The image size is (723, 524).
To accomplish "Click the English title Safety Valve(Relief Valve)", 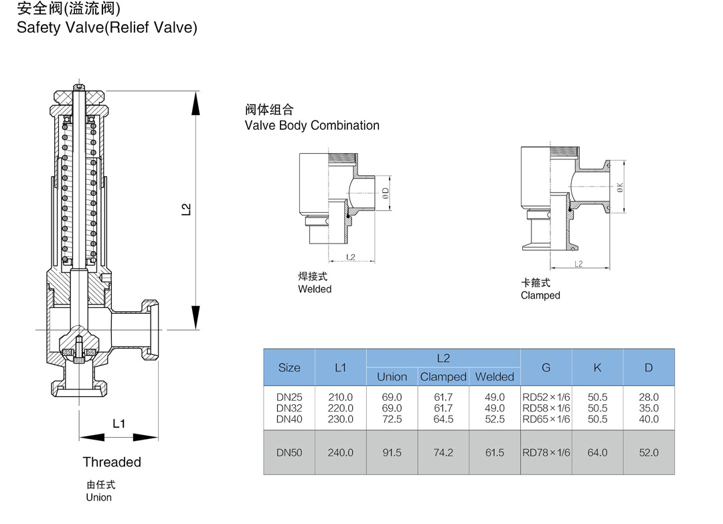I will coord(107,28).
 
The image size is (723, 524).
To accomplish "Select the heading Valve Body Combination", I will coord(312,126).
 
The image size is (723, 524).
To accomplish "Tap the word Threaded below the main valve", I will coord(112,462).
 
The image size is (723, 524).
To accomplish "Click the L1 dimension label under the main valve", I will coord(118,424).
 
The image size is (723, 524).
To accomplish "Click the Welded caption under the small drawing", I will coord(315,289).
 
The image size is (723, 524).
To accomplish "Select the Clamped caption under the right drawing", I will coord(540,295).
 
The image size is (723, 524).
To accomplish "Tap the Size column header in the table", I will coord(289,368).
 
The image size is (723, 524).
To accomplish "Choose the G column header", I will coord(546,367).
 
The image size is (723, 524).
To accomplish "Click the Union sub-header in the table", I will coord(392,377).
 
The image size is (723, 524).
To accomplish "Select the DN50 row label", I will coord(289,453).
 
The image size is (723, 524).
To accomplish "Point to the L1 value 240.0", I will coord(341,453).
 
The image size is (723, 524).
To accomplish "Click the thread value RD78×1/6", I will coord(546,453).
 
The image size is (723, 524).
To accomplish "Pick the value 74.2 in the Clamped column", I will coord(443,453).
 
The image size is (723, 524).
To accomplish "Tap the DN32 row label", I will coord(289,408).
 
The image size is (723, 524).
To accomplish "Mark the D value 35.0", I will coord(649,408).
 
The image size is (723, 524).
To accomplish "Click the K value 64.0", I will coord(597,453).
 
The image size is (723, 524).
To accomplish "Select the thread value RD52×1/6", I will coord(546,398).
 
